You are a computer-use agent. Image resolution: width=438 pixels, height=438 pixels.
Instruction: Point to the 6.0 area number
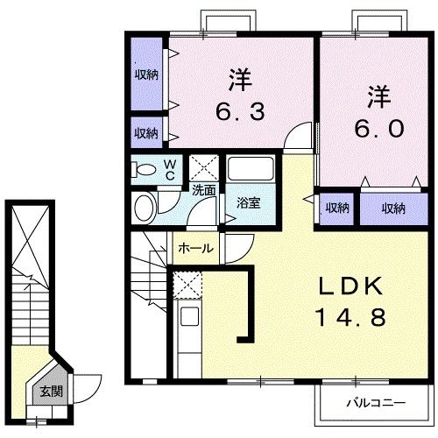378,128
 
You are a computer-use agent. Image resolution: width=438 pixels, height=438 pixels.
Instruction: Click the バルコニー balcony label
374,404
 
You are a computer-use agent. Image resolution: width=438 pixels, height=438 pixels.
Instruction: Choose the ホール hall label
195,249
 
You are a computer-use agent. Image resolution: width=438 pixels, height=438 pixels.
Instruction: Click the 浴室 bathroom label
248,203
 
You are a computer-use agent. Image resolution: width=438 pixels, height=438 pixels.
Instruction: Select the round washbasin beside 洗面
145,208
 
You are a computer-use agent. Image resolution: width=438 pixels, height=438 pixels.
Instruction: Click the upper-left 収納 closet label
146,74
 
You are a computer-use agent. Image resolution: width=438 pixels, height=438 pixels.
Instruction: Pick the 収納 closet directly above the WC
146,133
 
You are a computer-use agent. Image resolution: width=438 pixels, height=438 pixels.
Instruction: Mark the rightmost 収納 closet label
393,208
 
